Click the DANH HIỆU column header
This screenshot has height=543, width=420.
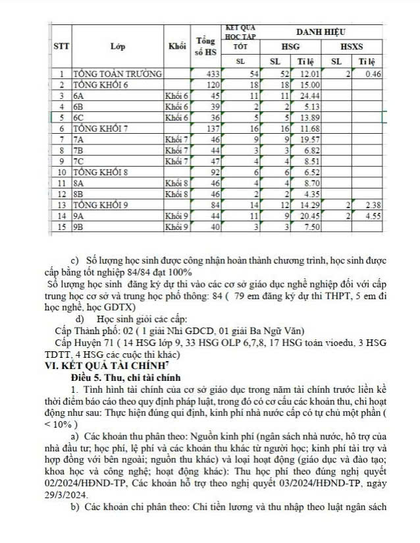click(x=321, y=32)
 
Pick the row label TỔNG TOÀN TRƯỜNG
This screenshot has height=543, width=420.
click(x=113, y=74)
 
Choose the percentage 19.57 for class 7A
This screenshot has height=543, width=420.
click(x=309, y=140)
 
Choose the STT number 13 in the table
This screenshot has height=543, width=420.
click(x=61, y=205)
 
